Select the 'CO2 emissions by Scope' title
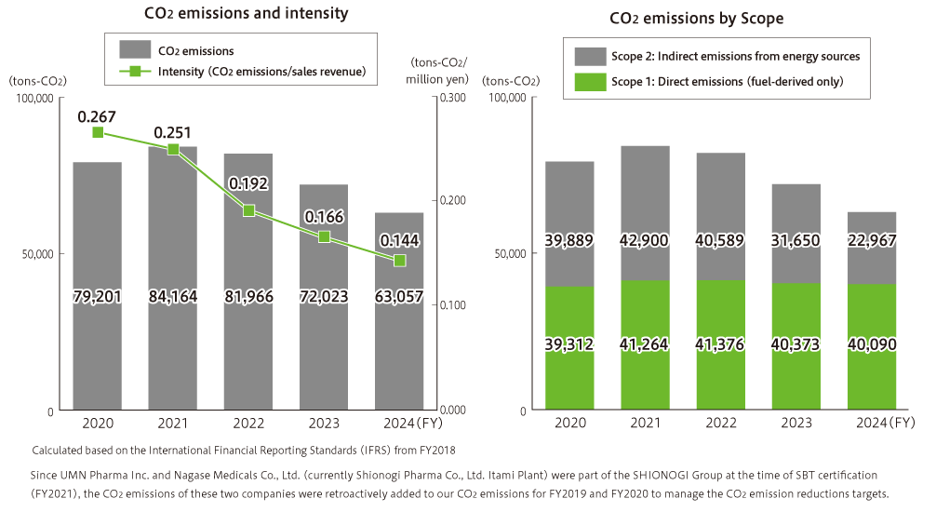point(696,18)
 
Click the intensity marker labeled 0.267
point(98,132)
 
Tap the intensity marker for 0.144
point(400,260)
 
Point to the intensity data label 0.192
point(249,184)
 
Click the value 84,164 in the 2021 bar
point(173,298)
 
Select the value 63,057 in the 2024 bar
point(399,298)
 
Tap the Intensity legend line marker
point(136,72)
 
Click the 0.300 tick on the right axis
point(451,97)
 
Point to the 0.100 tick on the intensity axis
point(451,305)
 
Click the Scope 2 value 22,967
point(872,240)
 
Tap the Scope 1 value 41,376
point(721,345)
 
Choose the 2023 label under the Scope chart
point(796,424)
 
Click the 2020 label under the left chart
point(98,424)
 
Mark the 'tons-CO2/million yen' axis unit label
point(437,71)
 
